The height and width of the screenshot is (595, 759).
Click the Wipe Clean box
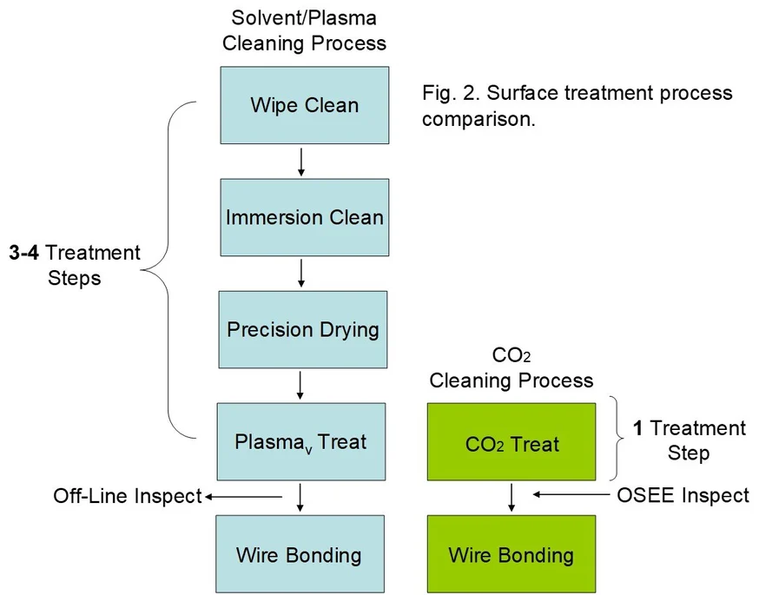click(x=303, y=105)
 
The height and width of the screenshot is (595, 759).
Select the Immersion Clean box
click(x=303, y=217)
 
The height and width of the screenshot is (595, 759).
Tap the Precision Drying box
click(x=303, y=330)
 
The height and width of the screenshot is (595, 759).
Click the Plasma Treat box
click(x=300, y=441)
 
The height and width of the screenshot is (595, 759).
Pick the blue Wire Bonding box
click(x=299, y=555)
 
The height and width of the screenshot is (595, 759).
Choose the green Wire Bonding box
click(x=511, y=555)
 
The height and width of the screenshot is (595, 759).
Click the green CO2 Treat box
click(x=511, y=445)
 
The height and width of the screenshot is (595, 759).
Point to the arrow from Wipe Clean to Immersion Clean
click(x=301, y=162)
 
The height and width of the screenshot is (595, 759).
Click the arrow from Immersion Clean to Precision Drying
click(x=301, y=274)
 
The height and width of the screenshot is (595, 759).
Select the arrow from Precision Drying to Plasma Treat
click(x=301, y=385)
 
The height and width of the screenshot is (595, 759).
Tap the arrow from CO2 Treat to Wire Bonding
click(x=512, y=498)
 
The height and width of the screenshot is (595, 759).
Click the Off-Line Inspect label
click(x=127, y=496)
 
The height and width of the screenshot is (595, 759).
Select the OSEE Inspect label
click(x=683, y=495)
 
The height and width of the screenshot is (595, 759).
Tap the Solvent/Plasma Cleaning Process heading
click(x=304, y=30)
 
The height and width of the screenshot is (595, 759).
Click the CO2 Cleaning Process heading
click(x=511, y=368)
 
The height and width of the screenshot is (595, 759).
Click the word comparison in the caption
click(x=476, y=120)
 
